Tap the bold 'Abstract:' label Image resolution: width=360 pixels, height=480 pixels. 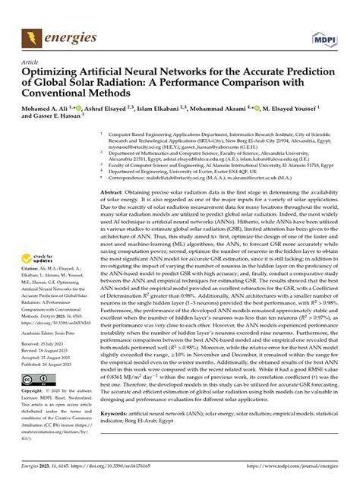[115, 194]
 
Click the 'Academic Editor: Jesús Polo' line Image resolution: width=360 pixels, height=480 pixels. [52, 332]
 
